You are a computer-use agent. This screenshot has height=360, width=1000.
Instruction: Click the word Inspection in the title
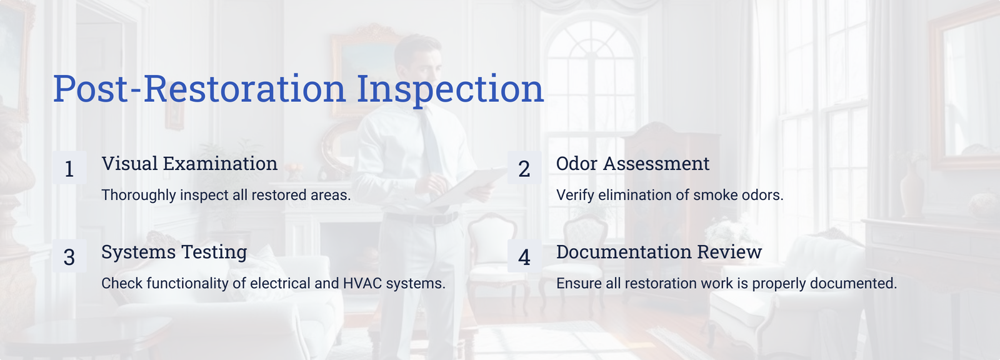point(450,90)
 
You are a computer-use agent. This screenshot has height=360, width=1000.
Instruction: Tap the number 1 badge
point(69,167)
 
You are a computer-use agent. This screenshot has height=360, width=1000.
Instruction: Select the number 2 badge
point(524,167)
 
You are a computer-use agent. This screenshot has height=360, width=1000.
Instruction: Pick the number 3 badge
point(69,256)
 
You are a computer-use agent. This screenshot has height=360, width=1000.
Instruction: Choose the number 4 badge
point(524,256)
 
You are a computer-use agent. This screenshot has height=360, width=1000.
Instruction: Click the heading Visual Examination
point(189,164)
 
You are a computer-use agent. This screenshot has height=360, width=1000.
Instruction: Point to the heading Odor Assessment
point(632,164)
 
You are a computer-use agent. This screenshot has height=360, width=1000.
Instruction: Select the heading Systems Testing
point(174,252)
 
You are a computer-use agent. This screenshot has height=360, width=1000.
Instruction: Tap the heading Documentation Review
point(659,252)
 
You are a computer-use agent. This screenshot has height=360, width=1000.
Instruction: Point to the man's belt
point(422,218)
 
